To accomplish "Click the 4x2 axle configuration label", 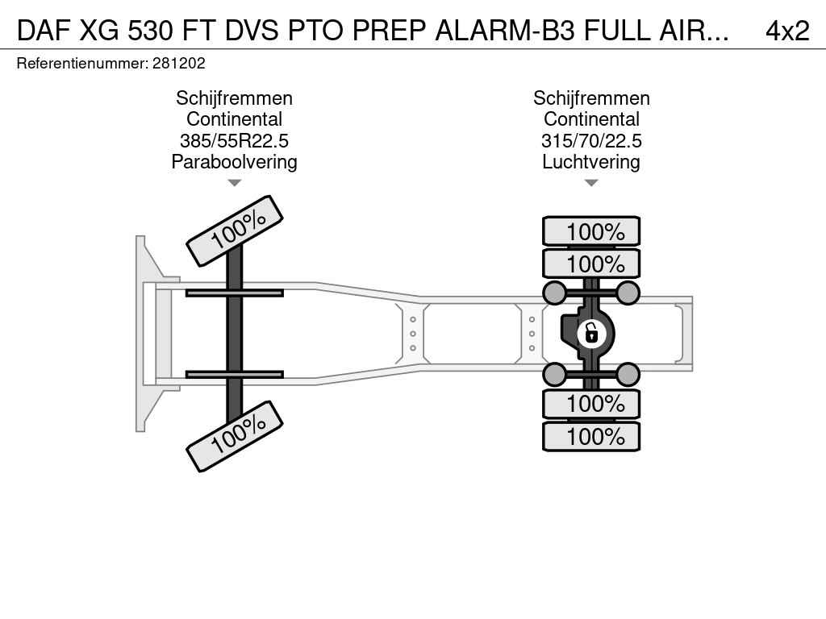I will tap(786, 30).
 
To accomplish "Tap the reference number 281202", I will tap(178, 63).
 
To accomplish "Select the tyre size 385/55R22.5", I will tap(234, 141).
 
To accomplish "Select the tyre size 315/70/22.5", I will tap(591, 141).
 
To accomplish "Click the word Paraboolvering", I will tap(234, 162).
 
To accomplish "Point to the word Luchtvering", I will tap(591, 162).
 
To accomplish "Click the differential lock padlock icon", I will tap(591, 332).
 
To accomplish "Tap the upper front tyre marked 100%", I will tap(235, 231).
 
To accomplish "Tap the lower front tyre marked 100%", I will tap(235, 435).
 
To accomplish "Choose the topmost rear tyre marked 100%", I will tap(591, 231).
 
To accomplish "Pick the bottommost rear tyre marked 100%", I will tap(591, 437).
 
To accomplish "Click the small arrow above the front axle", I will tap(234, 183).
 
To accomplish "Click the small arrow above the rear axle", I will tap(591, 183).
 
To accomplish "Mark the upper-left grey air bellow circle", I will tap(555, 292).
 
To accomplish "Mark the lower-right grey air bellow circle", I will tap(628, 374).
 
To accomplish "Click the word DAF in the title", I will tap(43, 30).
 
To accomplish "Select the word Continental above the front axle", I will tap(234, 119).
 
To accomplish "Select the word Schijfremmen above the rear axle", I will tap(591, 98).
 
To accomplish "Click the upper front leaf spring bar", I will tap(234, 293).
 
